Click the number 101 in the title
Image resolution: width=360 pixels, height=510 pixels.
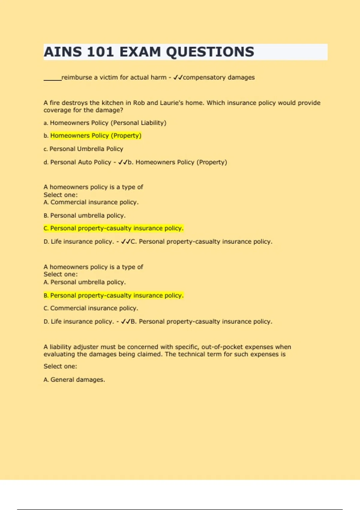[100, 52]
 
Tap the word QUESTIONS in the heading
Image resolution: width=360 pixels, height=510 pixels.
[210, 52]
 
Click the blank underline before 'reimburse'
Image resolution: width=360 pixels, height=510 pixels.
[52, 79]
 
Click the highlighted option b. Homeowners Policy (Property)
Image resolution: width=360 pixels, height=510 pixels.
[95, 136]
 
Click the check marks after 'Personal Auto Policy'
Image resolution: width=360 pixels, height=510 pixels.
[123, 162]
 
